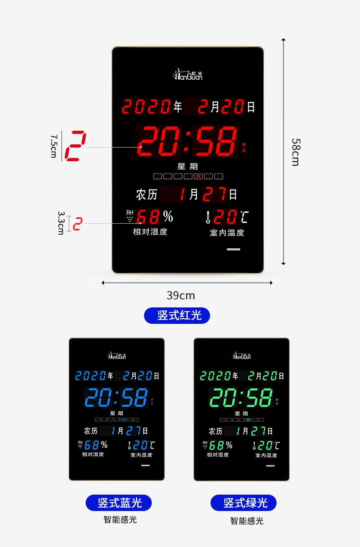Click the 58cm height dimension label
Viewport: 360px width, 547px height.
pos(295,152)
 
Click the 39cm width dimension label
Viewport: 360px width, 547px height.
pos(180,296)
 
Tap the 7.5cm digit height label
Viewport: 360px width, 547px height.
pos(54,145)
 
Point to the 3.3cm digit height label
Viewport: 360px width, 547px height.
pos(61,223)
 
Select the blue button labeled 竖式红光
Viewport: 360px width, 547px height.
pos(177,315)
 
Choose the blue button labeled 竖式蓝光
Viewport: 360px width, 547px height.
pos(118,503)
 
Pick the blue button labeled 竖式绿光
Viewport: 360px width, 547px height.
pos(243,503)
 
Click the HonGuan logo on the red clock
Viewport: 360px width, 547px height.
pos(188,74)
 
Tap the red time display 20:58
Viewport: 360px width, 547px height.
pos(187,141)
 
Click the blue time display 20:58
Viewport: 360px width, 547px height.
pos(116,398)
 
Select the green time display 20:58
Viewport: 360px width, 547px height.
pos(241,398)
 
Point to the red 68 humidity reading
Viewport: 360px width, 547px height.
pos(148,217)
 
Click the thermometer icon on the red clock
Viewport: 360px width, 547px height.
pos(208,217)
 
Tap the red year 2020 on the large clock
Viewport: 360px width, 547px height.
pos(146,107)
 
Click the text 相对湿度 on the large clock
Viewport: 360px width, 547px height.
pos(150,232)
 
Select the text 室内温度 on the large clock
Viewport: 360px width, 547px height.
pos(227,232)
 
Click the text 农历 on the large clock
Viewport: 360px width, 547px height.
pos(146,194)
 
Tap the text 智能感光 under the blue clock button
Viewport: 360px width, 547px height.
pos(120,519)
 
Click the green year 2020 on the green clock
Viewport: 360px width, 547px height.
pos(216,376)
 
